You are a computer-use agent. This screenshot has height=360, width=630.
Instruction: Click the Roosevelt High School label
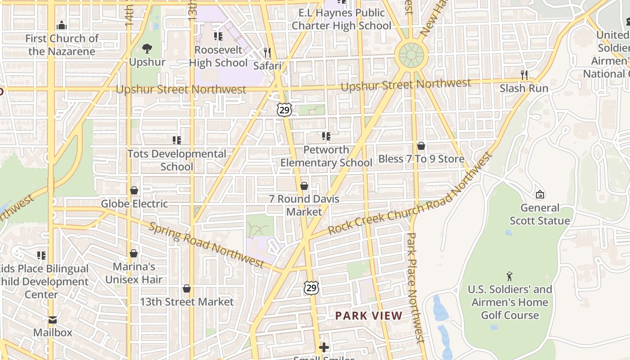point(218,57)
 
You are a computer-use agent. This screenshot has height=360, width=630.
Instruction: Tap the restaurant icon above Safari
point(267,53)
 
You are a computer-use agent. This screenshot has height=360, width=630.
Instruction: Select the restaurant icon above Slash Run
point(524,75)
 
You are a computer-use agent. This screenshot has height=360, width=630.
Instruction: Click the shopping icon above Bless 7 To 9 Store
point(421,146)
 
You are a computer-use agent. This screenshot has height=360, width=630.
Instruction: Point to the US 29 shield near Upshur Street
point(284,109)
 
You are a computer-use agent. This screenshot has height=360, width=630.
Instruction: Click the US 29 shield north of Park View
point(311,288)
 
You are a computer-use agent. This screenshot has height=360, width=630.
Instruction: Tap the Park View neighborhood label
point(369,316)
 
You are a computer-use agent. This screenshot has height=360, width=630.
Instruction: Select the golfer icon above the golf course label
point(509,276)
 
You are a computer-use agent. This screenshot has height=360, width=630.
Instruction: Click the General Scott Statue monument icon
point(540,194)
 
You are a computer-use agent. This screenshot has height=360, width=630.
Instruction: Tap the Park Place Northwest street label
point(415,288)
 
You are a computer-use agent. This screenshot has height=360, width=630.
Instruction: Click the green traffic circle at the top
point(409,56)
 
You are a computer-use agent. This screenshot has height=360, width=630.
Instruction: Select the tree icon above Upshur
point(147,49)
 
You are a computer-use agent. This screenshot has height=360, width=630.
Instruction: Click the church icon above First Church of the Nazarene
point(62,25)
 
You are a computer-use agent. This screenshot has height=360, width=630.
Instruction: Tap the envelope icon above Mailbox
point(53,320)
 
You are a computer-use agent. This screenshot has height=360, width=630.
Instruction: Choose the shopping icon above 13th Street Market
point(187,288)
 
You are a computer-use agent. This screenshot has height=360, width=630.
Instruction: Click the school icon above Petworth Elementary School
point(326,136)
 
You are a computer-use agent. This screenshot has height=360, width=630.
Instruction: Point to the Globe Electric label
point(134,204)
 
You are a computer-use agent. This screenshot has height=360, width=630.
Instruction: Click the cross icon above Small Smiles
point(324,347)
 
